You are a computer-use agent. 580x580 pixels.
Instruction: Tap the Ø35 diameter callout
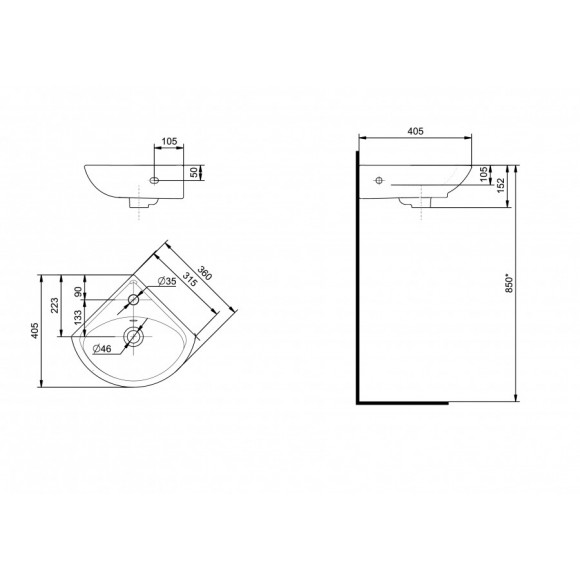pos(166,282)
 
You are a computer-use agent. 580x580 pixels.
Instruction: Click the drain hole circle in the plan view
pos(132,337)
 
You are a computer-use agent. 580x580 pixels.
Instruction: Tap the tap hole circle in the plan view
pos(133,300)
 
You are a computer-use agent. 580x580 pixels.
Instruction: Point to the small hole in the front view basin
pos(154,181)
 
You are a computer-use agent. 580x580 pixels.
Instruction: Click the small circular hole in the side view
pos(378,181)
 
